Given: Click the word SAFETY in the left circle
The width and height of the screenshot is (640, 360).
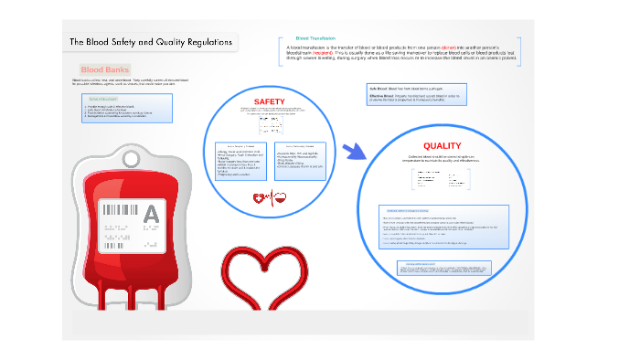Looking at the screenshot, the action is point(269,101).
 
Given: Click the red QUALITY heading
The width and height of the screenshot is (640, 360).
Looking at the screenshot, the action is point(442,146).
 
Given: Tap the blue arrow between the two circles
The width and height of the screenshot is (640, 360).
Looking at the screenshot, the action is point(353,152).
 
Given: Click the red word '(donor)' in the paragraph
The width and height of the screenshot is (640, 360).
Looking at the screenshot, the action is point(480,47).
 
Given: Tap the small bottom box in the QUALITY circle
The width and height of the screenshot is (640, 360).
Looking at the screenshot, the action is point(443,268).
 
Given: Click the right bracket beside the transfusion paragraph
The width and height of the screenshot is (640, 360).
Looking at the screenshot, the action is point(520,51).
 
